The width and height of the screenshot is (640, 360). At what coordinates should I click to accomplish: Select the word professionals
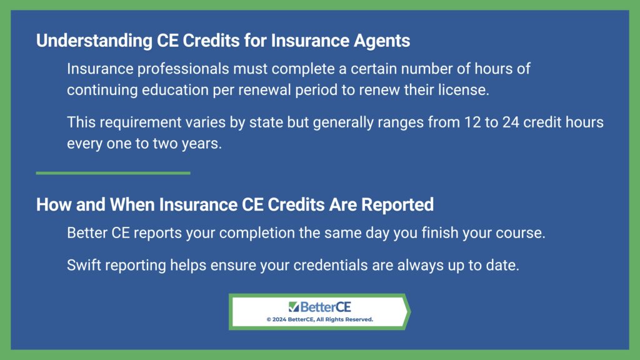coord(183,69)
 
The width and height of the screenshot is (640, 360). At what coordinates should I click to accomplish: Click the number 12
coord(472,122)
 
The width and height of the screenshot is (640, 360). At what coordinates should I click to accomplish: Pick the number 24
coord(511,122)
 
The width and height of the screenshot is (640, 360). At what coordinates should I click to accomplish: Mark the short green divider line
coord(113,173)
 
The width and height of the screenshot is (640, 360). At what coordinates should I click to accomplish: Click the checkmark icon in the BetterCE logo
coord(294,306)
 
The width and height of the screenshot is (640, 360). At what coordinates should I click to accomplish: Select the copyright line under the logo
coord(319,319)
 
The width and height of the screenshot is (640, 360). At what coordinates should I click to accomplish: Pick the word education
coord(175,90)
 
